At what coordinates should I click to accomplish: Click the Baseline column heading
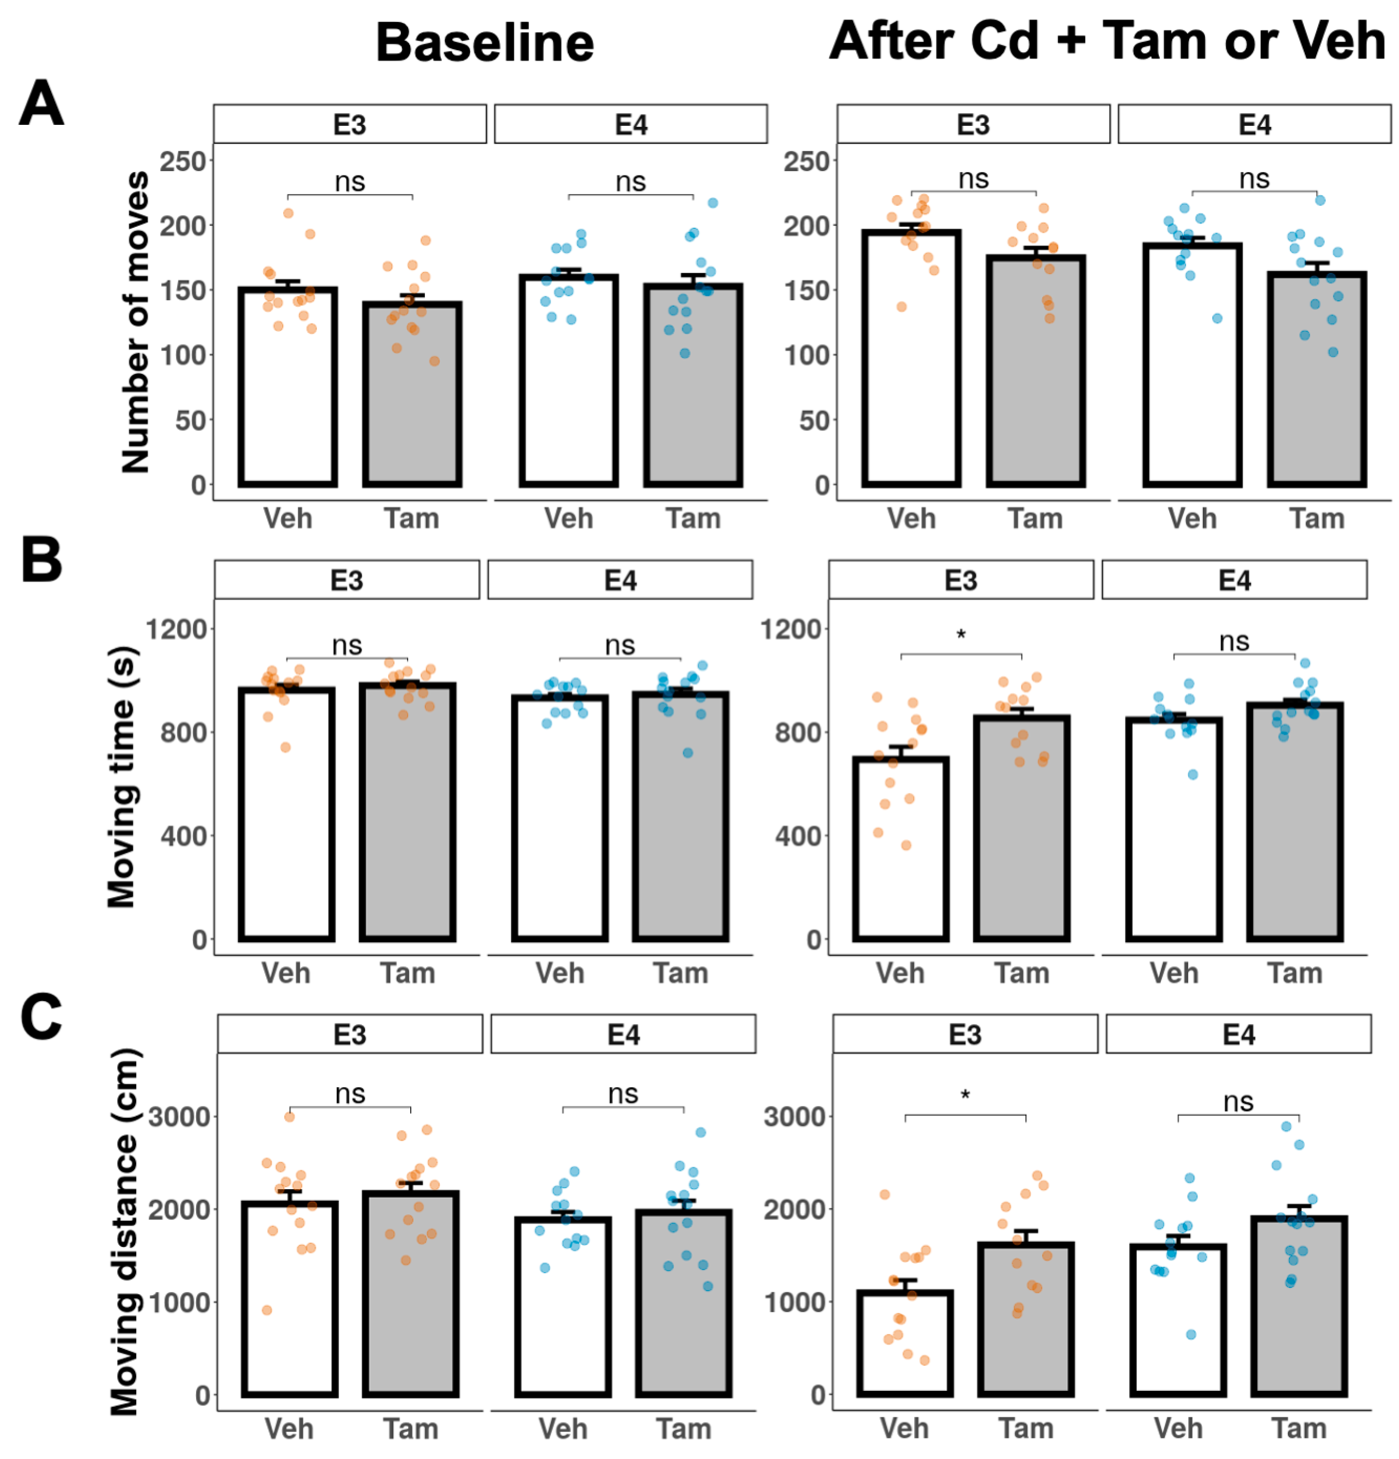[484, 43]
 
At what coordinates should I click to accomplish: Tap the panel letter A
[41, 104]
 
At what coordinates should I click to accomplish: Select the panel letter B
[41, 560]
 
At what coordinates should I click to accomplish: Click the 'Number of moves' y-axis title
[136, 322]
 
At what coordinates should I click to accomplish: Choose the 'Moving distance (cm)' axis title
[124, 1231]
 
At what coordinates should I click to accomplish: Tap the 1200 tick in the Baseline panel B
[177, 629]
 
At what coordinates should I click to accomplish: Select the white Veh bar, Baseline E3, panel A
[288, 387]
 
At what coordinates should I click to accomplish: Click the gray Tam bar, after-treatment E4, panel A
[1316, 380]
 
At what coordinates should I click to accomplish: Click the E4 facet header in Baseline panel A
[630, 124]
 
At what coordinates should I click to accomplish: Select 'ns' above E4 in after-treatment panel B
[1234, 641]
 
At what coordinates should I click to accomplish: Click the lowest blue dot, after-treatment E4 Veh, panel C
[1191, 1335]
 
